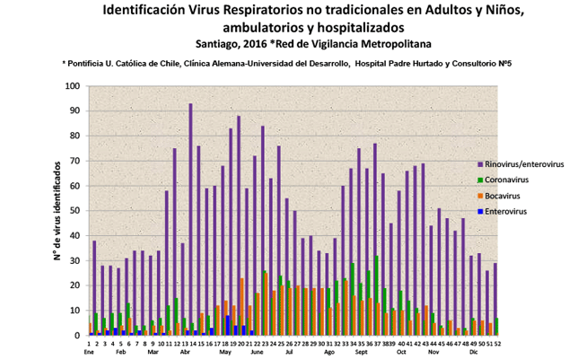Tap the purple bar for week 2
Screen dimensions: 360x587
pyautogui.click(x=94, y=287)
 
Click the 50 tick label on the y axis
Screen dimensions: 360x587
pyautogui.click(x=75, y=211)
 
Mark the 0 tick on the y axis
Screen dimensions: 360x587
pyautogui.click(x=78, y=335)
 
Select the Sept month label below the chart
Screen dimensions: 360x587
pyautogui.click(x=362, y=353)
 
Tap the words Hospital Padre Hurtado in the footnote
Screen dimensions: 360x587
pyautogui.click(x=395, y=64)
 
